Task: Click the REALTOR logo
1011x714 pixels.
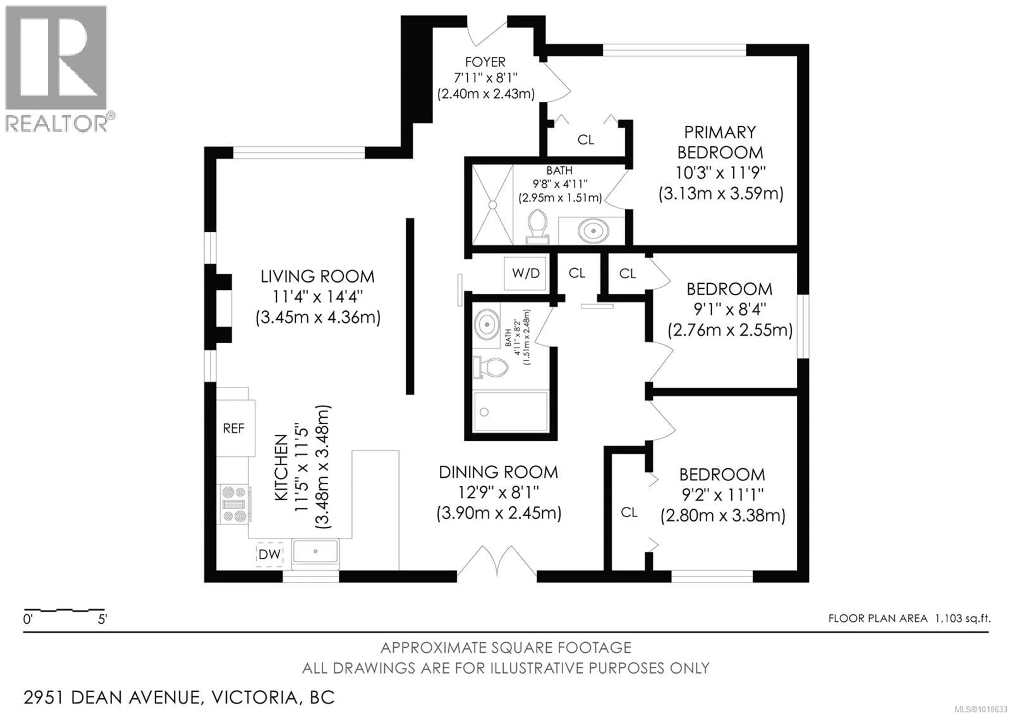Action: tap(56, 68)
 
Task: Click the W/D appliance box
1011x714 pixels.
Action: tap(525, 273)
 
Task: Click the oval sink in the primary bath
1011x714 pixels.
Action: tap(593, 230)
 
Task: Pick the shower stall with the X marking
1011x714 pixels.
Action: tap(493, 205)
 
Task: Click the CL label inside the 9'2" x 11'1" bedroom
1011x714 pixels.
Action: tap(629, 512)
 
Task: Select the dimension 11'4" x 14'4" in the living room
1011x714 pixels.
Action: tap(317, 297)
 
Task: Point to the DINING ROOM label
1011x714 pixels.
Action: tap(498, 472)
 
